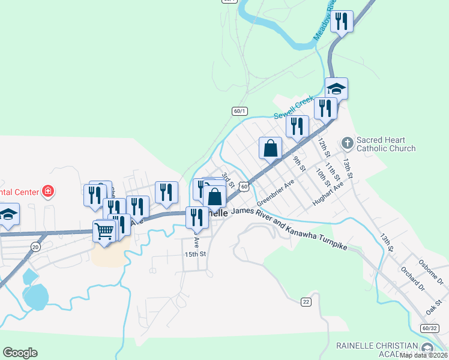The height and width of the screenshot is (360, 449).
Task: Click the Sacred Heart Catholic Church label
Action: coord(385,144)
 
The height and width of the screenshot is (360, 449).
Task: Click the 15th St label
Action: coord(195,254)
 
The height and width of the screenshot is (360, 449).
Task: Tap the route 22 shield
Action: coord(306,301)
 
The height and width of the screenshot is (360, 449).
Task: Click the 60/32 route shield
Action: coord(430,328)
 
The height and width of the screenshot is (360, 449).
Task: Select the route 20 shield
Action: coord(36,247)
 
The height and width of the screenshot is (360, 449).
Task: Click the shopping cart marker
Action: coord(104,230)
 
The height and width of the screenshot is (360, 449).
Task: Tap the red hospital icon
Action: coord(48,192)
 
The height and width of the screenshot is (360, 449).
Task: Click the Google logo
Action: coord(20,353)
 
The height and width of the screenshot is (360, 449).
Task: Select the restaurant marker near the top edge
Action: coord(342,22)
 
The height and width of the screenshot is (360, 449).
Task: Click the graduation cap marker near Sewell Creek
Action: coord(337,89)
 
